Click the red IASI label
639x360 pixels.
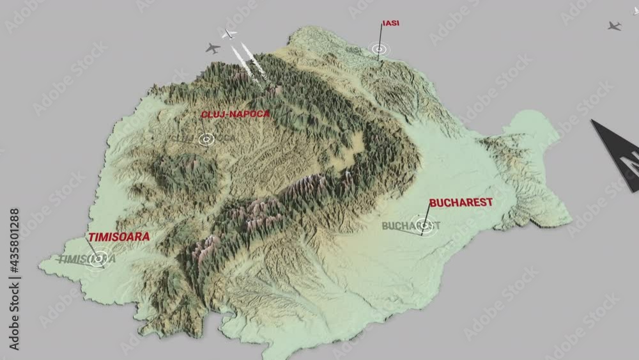(390, 24)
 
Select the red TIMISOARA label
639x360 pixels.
(119, 237)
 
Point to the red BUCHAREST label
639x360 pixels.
(461, 203)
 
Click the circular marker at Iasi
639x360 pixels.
(379, 49)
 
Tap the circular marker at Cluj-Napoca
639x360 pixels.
(206, 138)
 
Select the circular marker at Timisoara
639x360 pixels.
(98, 258)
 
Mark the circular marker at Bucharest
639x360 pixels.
(424, 225)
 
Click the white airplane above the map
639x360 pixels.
(228, 34)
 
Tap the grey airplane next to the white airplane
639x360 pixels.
(213, 48)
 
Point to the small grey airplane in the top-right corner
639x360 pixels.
(614, 26)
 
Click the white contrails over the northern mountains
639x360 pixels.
(248, 63)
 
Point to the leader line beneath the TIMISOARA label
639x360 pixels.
(93, 249)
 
